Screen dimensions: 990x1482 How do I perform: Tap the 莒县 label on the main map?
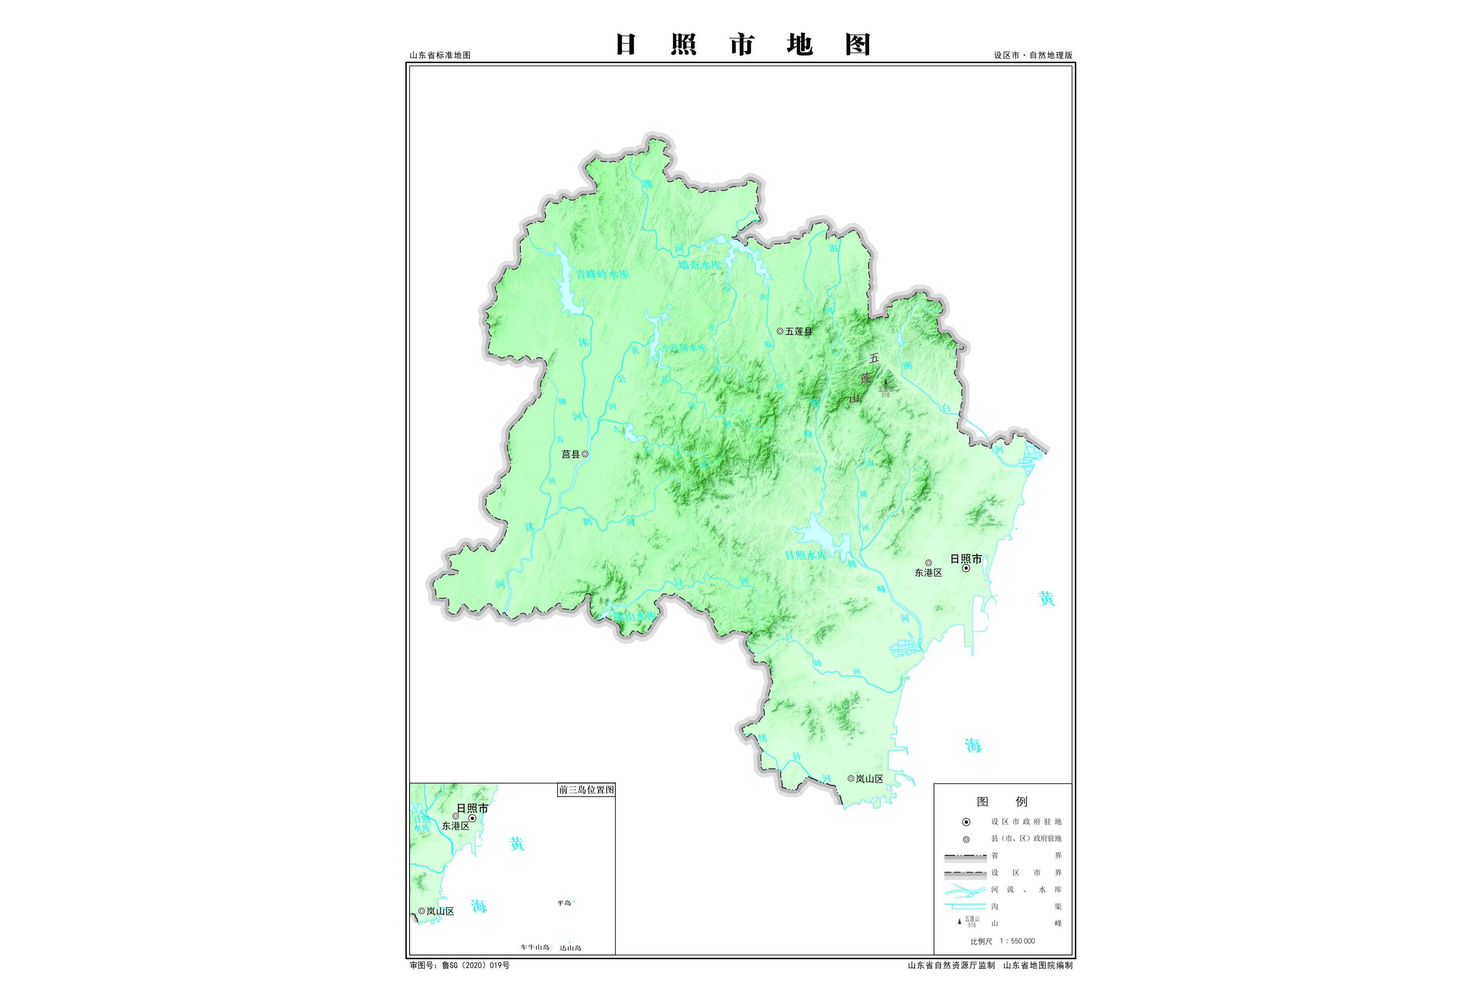pyautogui.click(x=571, y=454)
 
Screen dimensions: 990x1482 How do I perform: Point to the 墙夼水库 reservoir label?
pyautogui.click(x=699, y=265)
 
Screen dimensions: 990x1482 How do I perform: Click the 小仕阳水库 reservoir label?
pyautogui.click(x=684, y=348)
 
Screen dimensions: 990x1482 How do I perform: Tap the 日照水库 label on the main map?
pyautogui.click(x=805, y=555)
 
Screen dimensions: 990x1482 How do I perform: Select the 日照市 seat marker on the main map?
pyautogui.click(x=966, y=568)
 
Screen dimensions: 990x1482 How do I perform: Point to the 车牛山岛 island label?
pyautogui.click(x=535, y=947)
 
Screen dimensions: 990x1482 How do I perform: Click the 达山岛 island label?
pyautogui.click(x=571, y=948)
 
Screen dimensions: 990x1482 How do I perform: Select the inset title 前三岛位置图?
pyautogui.click(x=586, y=790)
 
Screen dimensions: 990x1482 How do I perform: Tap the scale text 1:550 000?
pyautogui.click(x=1017, y=941)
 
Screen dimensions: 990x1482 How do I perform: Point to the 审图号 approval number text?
pyautogui.click(x=460, y=965)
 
